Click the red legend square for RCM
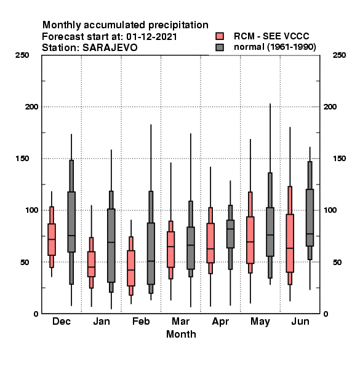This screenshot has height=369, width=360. click(x=220, y=36)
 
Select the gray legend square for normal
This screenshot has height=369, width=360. click(x=220, y=47)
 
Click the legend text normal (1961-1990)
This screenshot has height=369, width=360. click(x=274, y=47)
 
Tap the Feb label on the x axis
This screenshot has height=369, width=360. click(x=141, y=321)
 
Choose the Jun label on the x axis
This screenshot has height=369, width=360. click(x=300, y=321)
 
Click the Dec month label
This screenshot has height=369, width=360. click(x=62, y=321)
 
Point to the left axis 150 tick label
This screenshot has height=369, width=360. click(x=22, y=159)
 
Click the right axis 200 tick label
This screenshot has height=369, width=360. click(x=330, y=106)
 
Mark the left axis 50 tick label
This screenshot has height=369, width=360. click(x=25, y=262)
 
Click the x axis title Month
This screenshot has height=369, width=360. click(x=181, y=334)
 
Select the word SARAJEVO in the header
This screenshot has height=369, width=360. click(x=110, y=48)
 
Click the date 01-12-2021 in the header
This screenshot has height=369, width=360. click(x=151, y=37)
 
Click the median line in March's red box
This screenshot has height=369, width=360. click(x=170, y=247)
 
